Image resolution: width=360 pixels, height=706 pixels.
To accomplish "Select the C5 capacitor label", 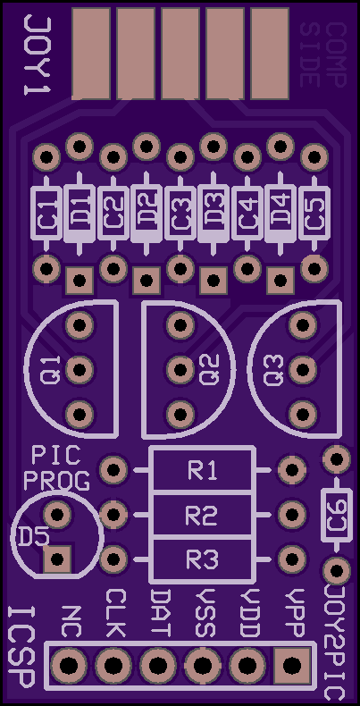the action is coord(314,214).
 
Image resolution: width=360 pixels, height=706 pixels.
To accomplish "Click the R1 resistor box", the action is coord(202,470).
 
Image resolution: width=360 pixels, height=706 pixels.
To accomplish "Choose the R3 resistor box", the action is coord(202,559).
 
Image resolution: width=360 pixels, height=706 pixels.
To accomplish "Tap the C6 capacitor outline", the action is coord(336,515).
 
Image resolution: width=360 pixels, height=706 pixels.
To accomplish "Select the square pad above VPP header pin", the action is coord(291,664).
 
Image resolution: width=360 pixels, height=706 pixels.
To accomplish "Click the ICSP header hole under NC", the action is coord(69,665).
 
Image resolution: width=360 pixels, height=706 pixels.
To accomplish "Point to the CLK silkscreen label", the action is coord(114,613).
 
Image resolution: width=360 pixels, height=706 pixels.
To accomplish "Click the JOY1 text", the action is coord(37,55).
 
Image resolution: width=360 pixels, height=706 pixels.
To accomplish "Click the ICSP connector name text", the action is coord(21,647).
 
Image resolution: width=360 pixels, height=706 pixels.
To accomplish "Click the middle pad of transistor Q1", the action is coord(80,370).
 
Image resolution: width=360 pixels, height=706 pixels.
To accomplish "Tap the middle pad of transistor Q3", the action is coord(303,370).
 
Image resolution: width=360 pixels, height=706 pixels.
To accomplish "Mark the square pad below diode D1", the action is coord(80,280).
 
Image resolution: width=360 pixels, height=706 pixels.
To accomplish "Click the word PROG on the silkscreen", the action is coord(56,481).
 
